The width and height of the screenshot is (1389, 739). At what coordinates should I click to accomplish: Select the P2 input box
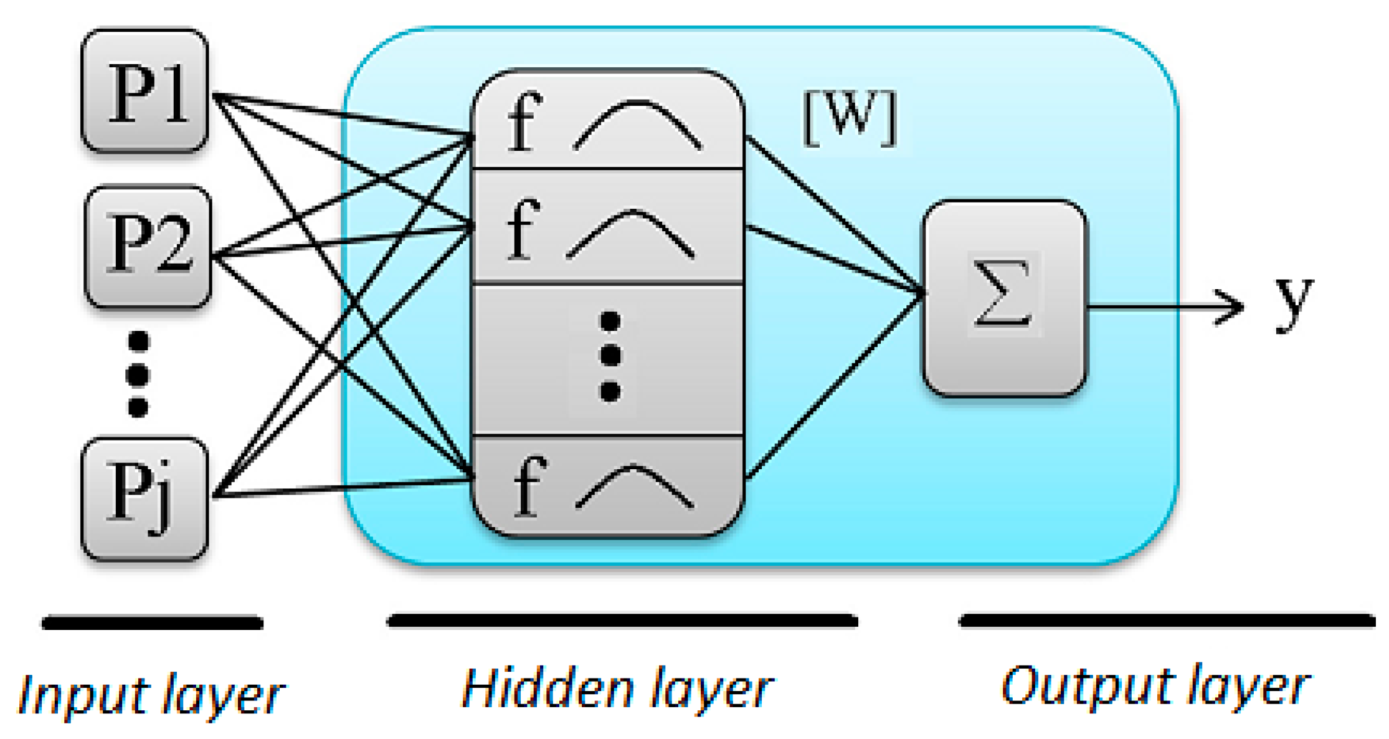[148, 246]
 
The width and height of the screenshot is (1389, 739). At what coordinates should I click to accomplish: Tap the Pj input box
[145, 498]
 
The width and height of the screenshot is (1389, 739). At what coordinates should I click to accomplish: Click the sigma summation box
[1004, 298]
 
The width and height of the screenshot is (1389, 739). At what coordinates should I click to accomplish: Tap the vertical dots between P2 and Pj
[138, 374]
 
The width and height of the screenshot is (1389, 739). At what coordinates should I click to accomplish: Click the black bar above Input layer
[152, 622]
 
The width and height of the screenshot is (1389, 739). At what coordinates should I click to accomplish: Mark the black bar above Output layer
[1166, 621]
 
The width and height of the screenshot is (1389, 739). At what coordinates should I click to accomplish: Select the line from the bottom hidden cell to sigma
[835, 386]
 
